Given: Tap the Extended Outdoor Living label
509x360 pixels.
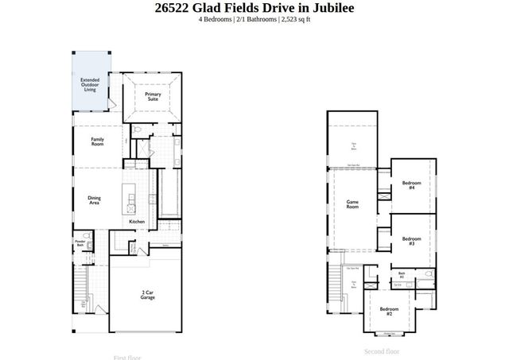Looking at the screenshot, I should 90,84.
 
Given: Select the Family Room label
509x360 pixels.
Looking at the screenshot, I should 97,141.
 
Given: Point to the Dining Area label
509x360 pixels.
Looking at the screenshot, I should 93,201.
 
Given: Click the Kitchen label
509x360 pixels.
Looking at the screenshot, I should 137,222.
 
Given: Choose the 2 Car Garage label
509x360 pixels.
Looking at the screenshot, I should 147,295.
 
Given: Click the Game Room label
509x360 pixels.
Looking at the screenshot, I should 352,204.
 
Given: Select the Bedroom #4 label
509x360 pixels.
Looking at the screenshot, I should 411,185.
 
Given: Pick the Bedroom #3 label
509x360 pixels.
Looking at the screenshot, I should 411,241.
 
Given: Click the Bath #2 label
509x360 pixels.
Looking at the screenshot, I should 402,276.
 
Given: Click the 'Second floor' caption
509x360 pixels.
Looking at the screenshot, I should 382,351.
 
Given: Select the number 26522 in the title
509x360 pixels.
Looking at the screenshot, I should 177,8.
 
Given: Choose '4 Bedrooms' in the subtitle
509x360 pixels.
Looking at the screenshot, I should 216,20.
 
